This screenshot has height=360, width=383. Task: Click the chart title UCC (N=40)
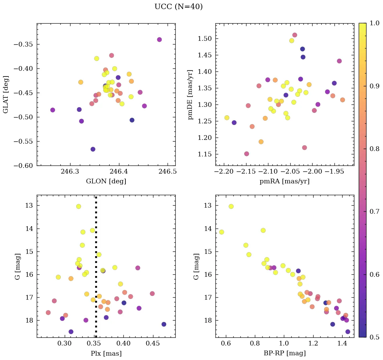[178, 7]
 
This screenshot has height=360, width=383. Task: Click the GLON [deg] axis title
[106, 181]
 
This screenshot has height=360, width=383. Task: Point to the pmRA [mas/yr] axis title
[285, 181]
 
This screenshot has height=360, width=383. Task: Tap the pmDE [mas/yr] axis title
[191, 94]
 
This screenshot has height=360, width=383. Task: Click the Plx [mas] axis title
[106, 353]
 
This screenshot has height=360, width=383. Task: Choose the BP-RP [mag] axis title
[285, 353]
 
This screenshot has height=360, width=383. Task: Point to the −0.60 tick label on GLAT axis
[25, 166]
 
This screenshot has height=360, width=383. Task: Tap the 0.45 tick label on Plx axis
[152, 344]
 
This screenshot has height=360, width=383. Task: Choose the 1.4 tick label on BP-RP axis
[343, 344]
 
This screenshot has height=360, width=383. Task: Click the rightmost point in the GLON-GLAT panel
[159, 39]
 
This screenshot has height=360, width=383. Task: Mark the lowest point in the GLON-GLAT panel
[93, 149]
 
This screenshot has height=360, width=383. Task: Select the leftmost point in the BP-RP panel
[222, 232]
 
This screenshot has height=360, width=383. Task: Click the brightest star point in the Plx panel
[79, 206]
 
